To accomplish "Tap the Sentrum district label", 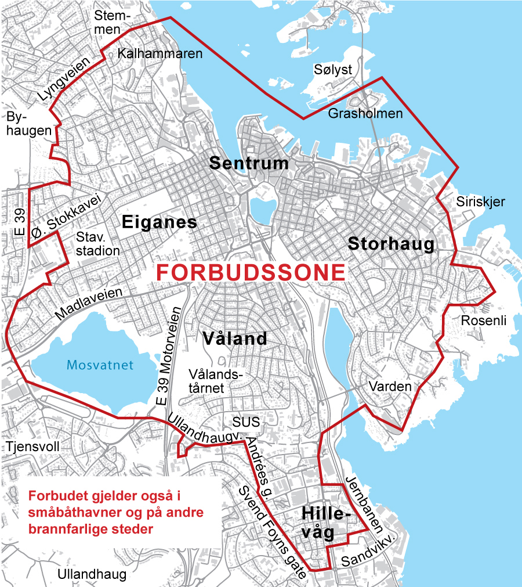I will [249, 163].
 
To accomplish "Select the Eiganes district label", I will [159, 222].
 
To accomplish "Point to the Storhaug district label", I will [391, 244].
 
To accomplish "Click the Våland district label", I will [235, 338].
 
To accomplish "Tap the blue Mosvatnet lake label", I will [100, 365].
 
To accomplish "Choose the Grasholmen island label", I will [365, 113].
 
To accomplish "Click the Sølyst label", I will [333, 69].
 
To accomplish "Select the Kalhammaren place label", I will [159, 53].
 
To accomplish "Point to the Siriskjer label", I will [481, 202].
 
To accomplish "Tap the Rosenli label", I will [484, 320].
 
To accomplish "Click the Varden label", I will [390, 387].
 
